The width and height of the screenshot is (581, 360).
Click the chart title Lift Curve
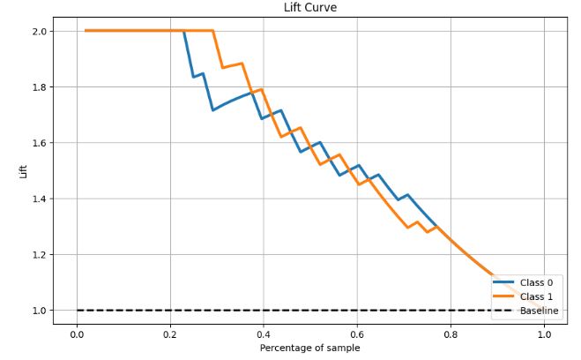pyautogui.click(x=309, y=8)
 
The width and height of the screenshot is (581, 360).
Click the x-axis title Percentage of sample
pyautogui.click(x=309, y=348)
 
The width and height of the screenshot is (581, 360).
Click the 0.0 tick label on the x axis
pyautogui.click(x=77, y=334)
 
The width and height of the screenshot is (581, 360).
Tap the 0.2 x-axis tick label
pyautogui.click(x=170, y=334)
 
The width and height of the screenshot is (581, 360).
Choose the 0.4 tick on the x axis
pyautogui.click(x=264, y=334)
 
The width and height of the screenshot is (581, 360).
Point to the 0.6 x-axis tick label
pyautogui.click(x=357, y=334)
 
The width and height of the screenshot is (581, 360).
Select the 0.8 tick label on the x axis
pyautogui.click(x=451, y=334)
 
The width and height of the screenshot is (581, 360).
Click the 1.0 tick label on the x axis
pyautogui.click(x=544, y=334)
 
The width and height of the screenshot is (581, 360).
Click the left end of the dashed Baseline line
pyautogui.click(x=77, y=311)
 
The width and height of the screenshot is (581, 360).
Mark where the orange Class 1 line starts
pyautogui.click(x=86, y=31)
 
